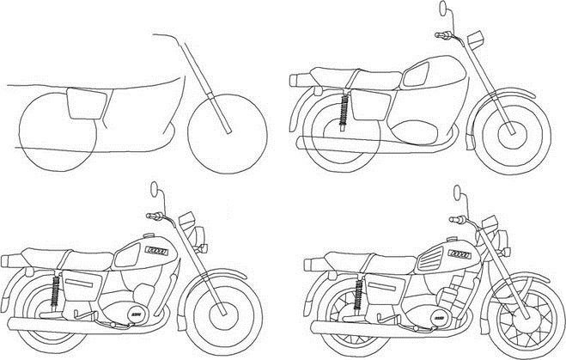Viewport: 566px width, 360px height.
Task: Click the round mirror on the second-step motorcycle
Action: click(x=445, y=10)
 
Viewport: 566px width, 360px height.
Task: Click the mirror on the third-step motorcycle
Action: click(x=155, y=188)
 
